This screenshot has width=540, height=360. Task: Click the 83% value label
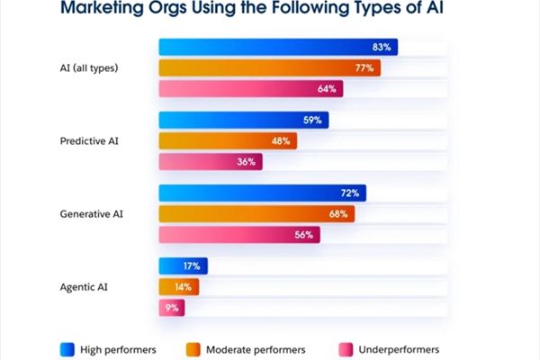point(380,47)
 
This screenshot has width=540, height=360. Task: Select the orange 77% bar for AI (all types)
point(269,67)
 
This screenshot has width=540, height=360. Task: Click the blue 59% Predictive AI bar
point(243,120)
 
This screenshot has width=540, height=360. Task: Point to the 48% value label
point(281,141)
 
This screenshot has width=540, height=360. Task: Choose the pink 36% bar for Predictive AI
point(210,163)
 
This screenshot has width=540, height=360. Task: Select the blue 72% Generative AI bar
point(262,193)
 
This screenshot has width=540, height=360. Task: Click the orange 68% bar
point(256,214)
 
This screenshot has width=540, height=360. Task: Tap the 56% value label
point(303,236)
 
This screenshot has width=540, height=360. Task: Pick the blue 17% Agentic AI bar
point(183,266)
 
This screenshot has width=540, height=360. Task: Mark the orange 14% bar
point(178,287)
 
